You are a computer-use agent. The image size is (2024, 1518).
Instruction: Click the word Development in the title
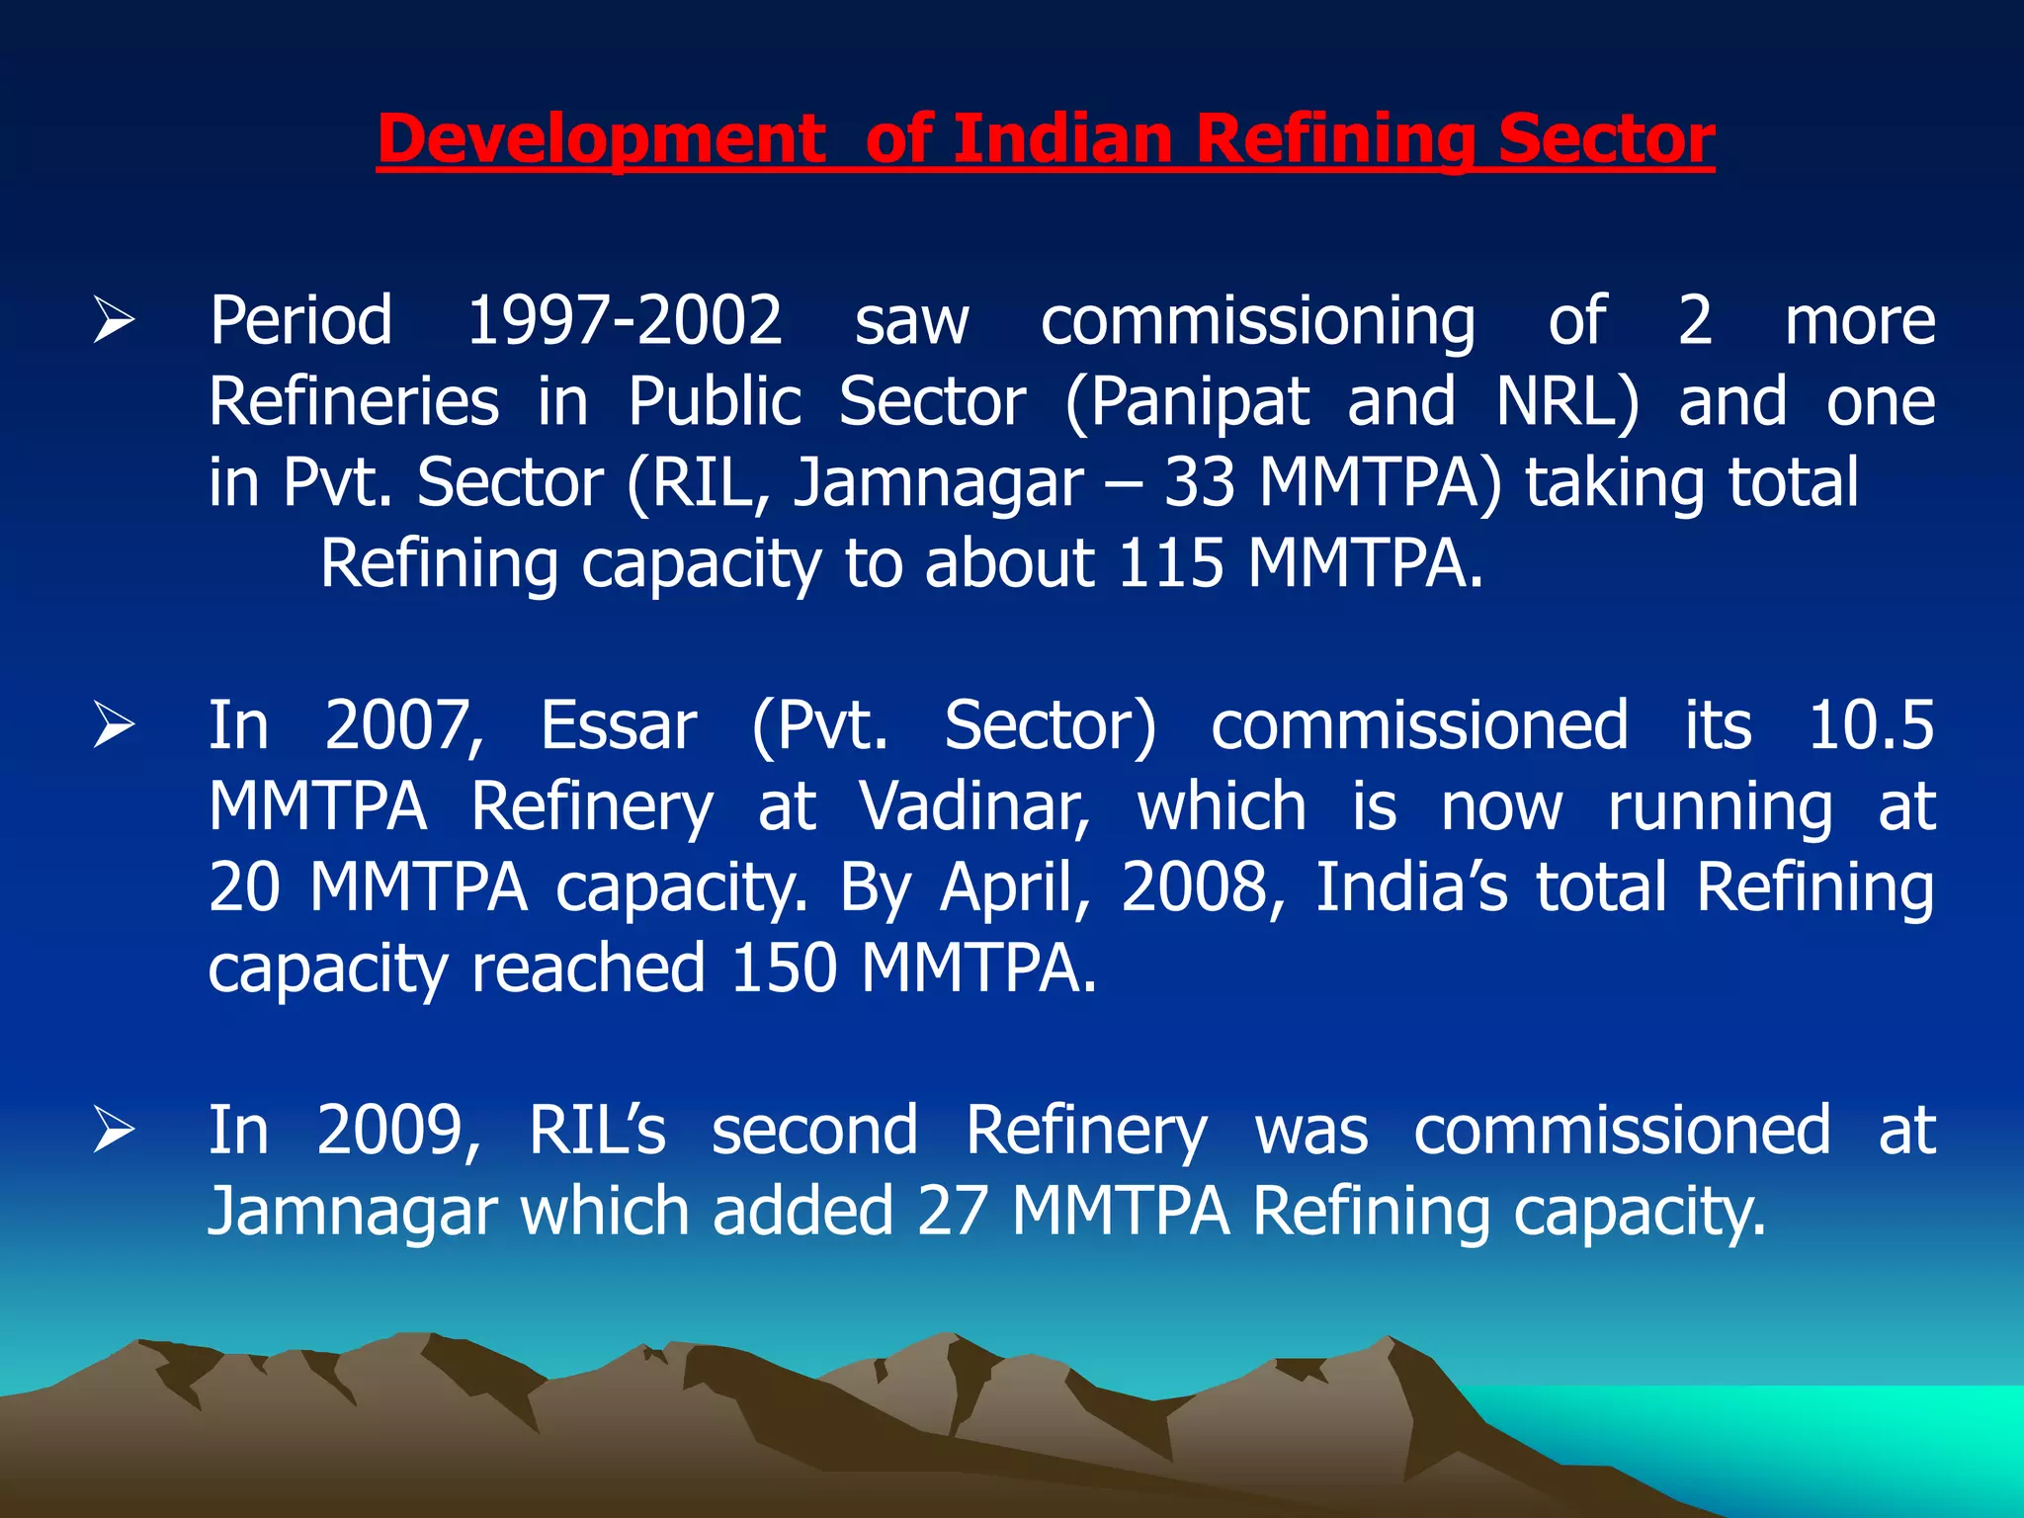[x=601, y=140]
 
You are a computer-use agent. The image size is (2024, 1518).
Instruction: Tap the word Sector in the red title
[x=1606, y=140]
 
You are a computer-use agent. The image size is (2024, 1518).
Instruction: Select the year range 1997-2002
[x=625, y=321]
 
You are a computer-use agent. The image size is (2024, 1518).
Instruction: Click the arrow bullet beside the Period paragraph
[x=114, y=321]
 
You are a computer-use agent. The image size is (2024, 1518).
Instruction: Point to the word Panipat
[x=1186, y=403]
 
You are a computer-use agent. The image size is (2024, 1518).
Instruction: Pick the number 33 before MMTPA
[x=1199, y=483]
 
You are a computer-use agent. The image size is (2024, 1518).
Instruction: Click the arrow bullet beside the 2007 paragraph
[x=114, y=726]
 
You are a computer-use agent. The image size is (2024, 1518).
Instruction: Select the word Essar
[x=619, y=726]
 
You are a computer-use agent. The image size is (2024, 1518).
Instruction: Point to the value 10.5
[x=1870, y=726]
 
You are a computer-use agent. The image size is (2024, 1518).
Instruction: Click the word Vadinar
[x=974, y=807]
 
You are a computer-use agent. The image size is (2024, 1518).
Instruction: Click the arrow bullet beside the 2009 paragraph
[x=114, y=1132]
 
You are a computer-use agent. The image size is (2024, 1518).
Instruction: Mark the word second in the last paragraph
[x=814, y=1132]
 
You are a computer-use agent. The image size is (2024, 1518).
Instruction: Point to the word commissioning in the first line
[x=1258, y=321]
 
